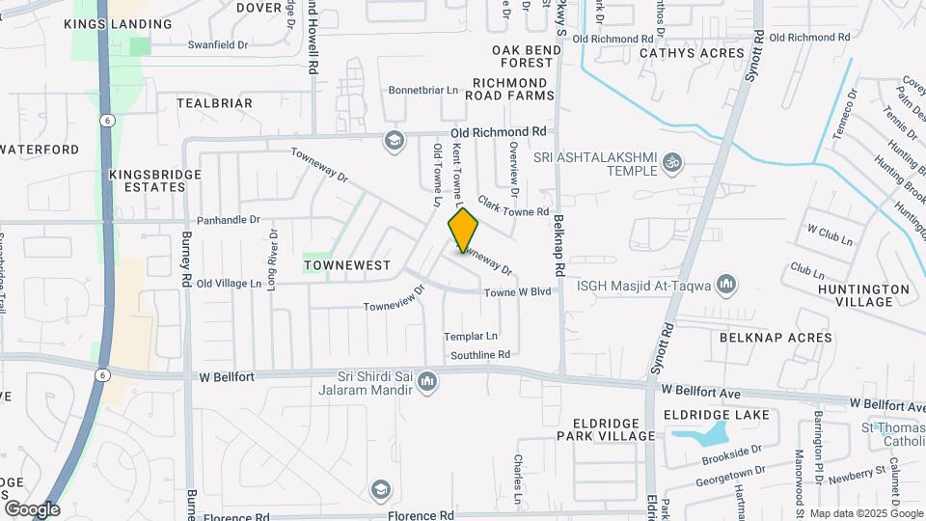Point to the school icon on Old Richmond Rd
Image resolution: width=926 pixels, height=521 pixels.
393,141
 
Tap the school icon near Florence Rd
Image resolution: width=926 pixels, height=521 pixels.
381,489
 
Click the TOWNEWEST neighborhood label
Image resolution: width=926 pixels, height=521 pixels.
346,264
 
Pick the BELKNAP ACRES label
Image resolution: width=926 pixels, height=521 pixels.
775,338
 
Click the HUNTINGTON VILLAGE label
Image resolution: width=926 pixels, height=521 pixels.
863,295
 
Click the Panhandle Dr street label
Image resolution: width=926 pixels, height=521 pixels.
229,220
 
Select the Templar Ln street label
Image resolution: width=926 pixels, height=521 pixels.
470,337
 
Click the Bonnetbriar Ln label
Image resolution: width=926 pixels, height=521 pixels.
422,91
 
